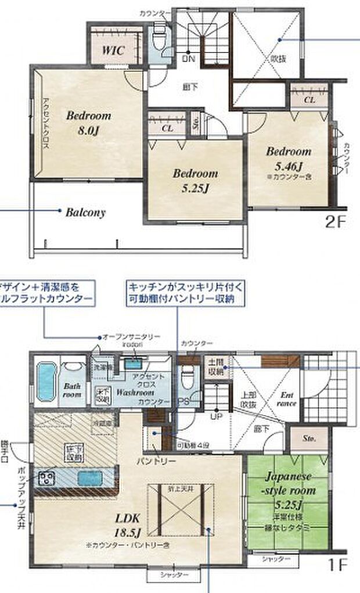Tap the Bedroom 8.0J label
(x=88, y=123)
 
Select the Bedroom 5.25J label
(x=195, y=179)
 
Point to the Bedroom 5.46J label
(x=289, y=157)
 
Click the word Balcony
(x=85, y=212)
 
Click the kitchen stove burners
(x=46, y=479)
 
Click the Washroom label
(x=135, y=392)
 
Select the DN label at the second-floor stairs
(x=189, y=59)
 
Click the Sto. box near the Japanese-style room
(x=308, y=440)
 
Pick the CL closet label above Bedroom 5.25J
(x=167, y=128)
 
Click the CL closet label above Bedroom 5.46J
(x=309, y=100)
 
